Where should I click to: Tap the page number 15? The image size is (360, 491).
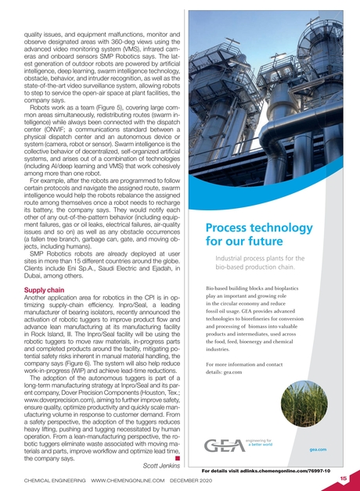(x=344, y=476)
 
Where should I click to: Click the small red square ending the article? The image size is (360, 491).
(x=178, y=455)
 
